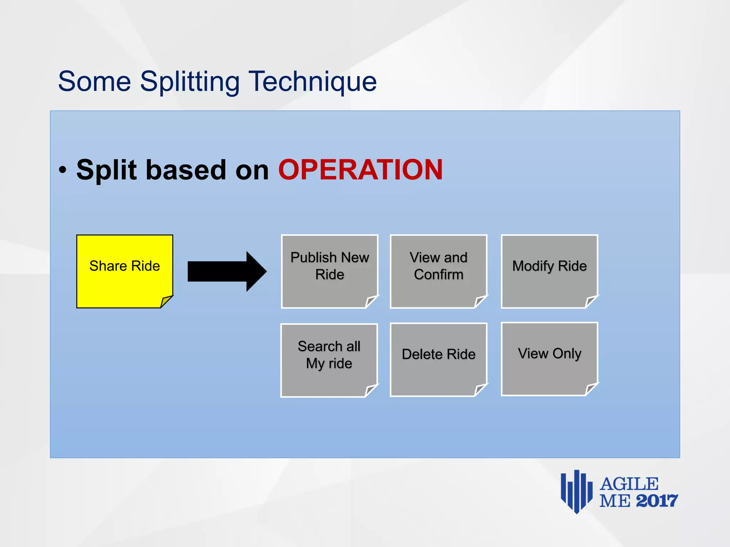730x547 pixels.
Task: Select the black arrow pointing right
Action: [x=227, y=271]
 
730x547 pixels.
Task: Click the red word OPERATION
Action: [x=360, y=170]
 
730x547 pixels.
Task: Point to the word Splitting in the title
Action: [x=190, y=82]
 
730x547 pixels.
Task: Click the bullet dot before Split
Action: [x=63, y=170]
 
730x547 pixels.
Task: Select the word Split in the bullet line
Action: [x=106, y=170]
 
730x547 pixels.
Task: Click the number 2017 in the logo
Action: [x=657, y=501]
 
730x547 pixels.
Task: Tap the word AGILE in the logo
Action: [x=629, y=484]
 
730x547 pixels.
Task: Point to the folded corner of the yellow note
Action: [x=166, y=301]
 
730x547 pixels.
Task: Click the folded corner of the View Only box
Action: [x=591, y=389]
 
